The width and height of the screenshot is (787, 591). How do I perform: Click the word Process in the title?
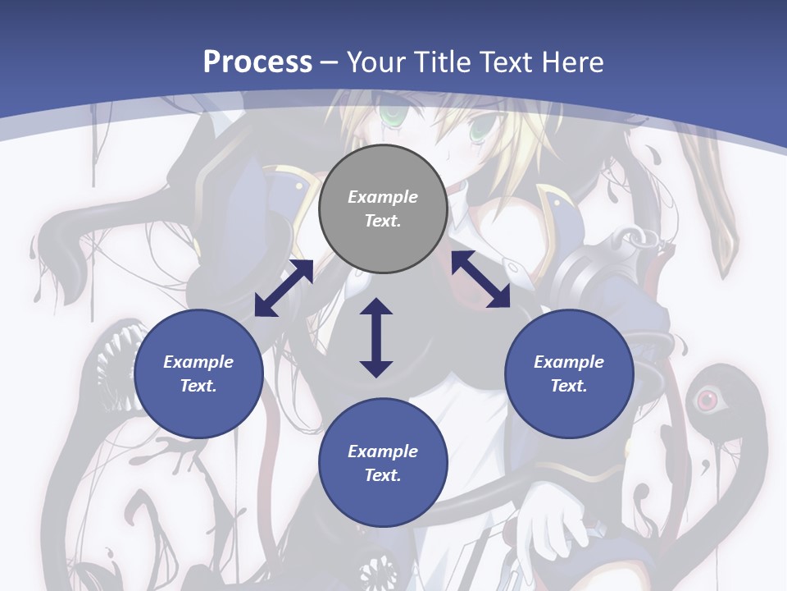click(257, 62)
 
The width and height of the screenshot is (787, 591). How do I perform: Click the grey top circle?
click(383, 209)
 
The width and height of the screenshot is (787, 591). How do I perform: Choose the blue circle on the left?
click(198, 374)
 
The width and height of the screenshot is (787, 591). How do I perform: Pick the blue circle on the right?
click(569, 374)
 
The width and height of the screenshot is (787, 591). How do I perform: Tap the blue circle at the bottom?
click(383, 463)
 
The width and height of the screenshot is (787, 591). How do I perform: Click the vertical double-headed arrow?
click(376, 337)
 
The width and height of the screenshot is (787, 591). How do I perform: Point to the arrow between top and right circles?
click(480, 279)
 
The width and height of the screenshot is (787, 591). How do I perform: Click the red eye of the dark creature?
click(706, 400)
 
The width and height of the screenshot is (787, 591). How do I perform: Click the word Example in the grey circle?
click(383, 197)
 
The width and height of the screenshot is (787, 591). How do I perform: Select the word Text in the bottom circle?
click(383, 475)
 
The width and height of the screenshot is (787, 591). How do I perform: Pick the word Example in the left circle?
click(198, 362)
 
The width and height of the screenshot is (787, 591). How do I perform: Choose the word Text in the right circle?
click(569, 386)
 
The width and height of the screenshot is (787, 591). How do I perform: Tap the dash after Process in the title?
click(330, 62)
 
